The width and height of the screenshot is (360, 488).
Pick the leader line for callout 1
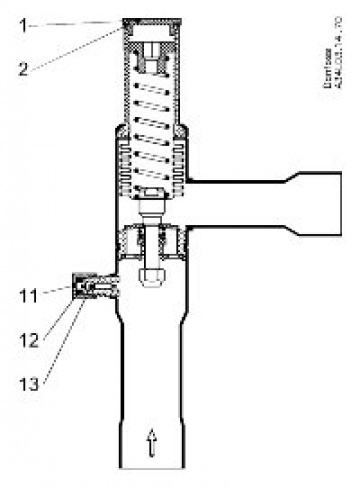click(70, 22)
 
